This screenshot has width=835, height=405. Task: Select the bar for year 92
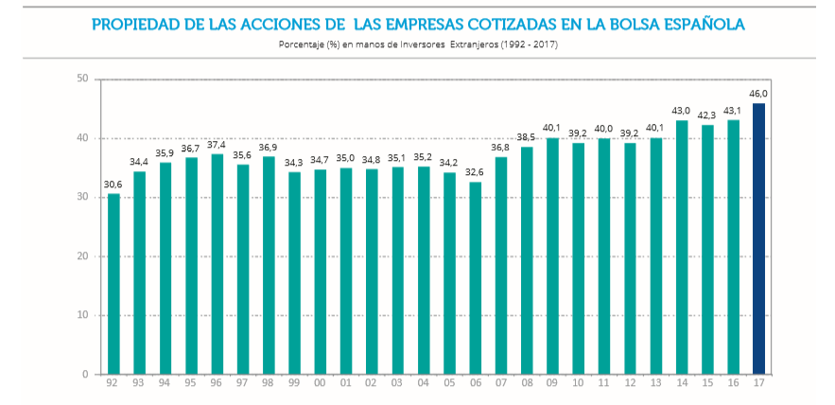(113, 284)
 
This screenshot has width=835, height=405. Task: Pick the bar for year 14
(682, 247)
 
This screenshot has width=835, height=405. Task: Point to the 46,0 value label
(758, 94)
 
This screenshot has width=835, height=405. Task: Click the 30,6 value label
(113, 185)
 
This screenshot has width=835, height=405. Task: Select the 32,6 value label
(475, 172)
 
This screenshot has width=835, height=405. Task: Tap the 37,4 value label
(217, 144)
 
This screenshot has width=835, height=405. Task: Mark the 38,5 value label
(527, 137)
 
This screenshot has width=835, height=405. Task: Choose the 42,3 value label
(707, 115)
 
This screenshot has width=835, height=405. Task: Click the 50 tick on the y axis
(83, 79)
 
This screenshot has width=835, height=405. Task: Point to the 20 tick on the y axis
(83, 256)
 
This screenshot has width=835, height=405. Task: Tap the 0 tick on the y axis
(86, 375)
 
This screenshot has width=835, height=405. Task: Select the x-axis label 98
(269, 384)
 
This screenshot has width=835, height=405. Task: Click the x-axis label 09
(552, 384)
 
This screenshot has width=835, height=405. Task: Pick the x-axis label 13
(655, 384)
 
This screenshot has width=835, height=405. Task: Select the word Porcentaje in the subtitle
(302, 44)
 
